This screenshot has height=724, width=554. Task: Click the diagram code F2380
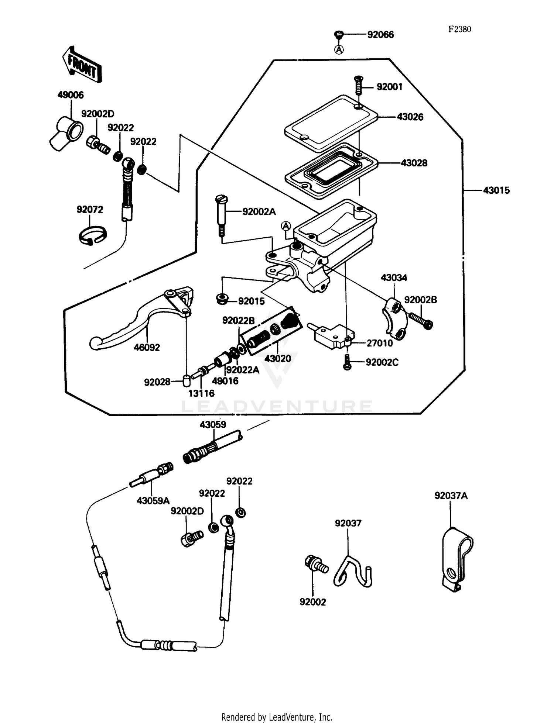point(459,30)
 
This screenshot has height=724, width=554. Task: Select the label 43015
point(496,190)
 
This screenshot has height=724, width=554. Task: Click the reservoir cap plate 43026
point(331,122)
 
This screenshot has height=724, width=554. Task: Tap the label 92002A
point(259,212)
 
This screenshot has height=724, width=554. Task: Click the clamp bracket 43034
point(394,318)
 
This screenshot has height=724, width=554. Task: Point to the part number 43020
point(278,358)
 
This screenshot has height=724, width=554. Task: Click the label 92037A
point(451,496)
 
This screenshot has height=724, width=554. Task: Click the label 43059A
point(153,501)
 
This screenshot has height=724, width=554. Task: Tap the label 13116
point(201,394)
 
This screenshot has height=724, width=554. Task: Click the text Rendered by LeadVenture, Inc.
point(277,717)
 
